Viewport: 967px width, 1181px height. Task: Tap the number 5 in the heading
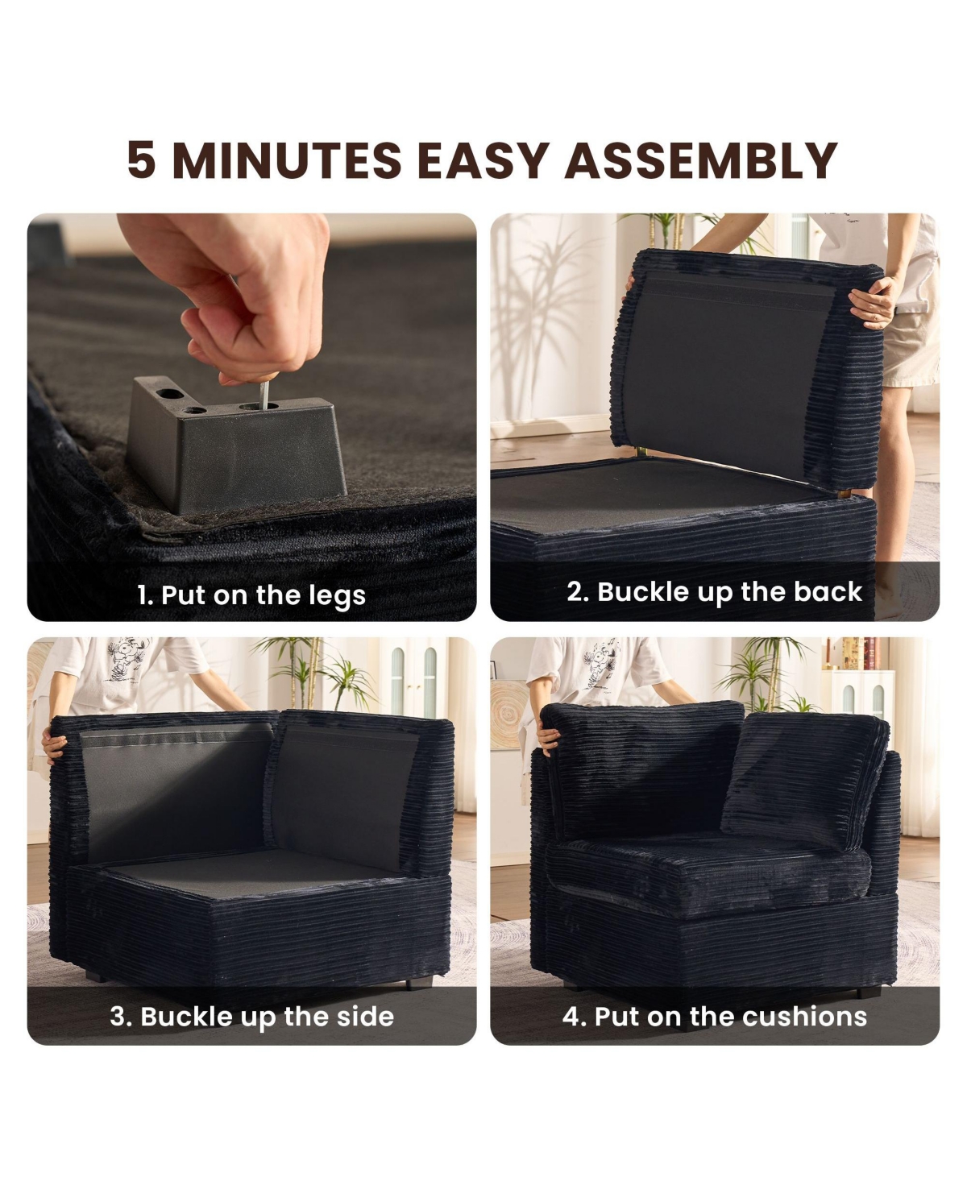[141, 160]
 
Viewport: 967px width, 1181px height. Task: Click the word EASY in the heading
[483, 160]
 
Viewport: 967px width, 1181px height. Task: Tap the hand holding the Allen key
[235, 296]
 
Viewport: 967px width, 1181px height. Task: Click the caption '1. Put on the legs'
[251, 595]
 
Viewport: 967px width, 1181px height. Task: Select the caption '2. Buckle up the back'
[714, 592]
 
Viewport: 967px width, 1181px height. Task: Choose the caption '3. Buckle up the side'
[252, 1017]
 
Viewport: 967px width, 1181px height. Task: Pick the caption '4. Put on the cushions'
[715, 1017]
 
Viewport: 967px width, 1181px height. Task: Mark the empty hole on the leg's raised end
[172, 394]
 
